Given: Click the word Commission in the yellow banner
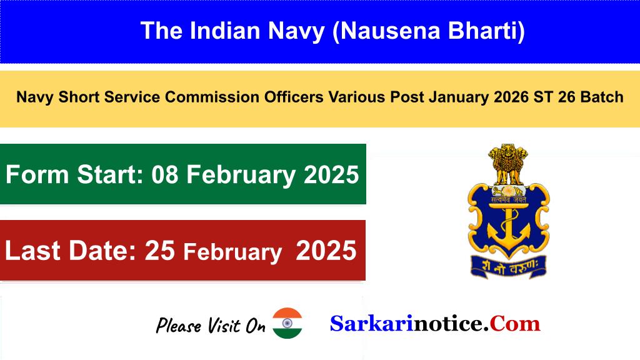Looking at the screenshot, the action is click(x=212, y=97).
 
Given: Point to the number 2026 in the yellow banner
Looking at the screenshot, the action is click(x=511, y=97).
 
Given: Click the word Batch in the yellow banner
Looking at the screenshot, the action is click(x=602, y=97).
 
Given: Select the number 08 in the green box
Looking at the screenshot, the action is click(x=165, y=175).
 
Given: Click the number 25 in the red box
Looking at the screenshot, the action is click(x=160, y=251).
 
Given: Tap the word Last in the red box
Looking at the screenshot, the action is click(x=32, y=251).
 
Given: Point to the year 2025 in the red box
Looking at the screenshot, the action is click(x=326, y=251).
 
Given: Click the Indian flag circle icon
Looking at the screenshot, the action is click(x=287, y=323).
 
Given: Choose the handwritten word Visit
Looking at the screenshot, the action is click(x=224, y=325).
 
